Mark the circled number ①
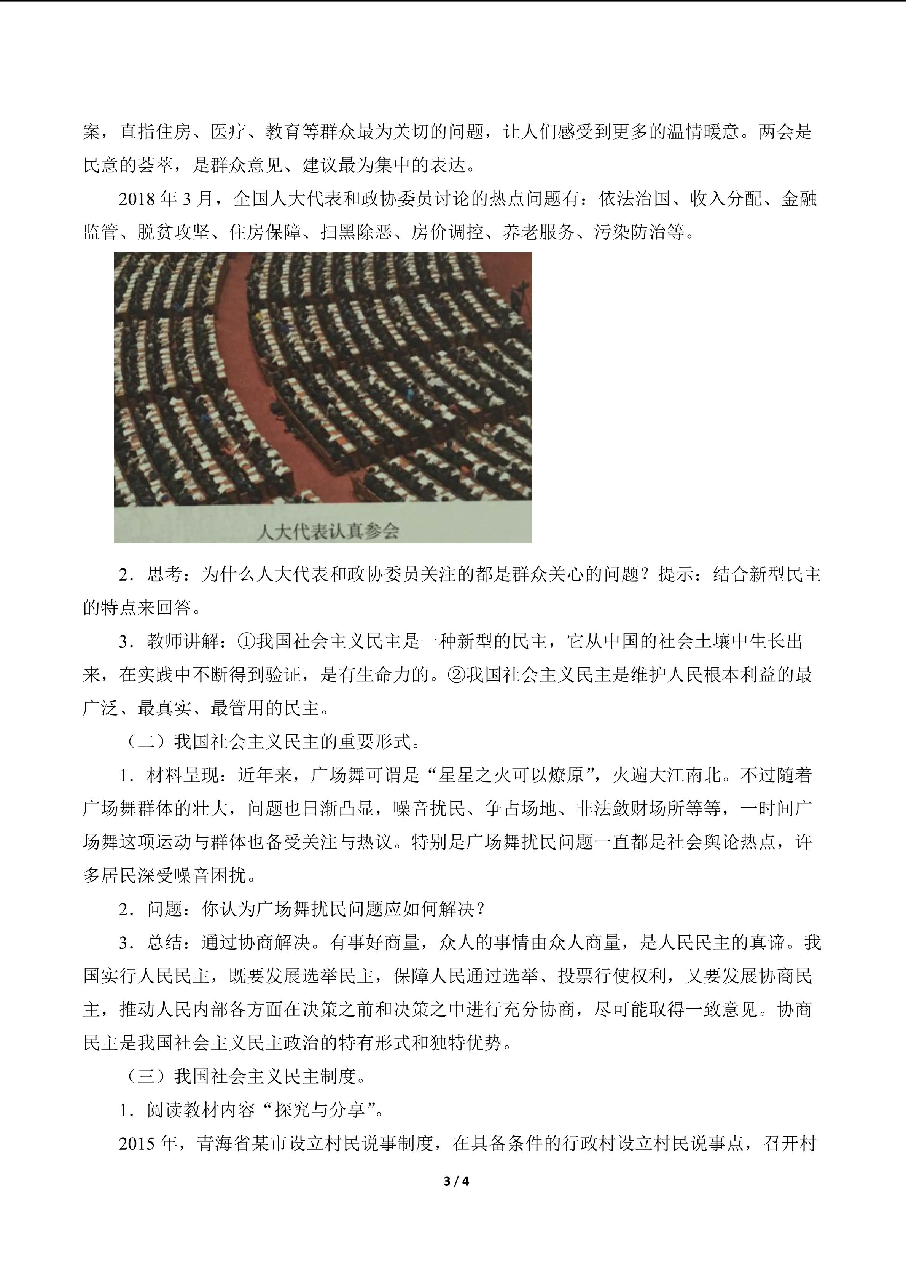(247, 641)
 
